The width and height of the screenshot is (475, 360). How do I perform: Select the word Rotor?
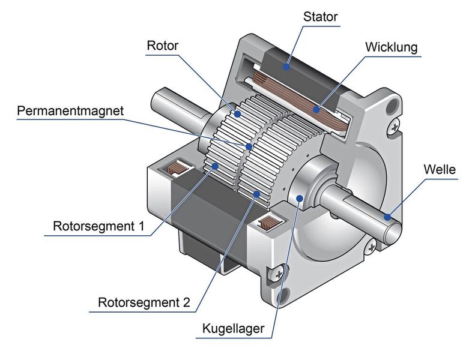click(162, 45)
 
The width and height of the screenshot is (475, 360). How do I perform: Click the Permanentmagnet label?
click(70, 111)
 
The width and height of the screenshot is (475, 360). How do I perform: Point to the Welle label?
click(439, 170)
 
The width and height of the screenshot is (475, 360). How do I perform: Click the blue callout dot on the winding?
click(316, 109)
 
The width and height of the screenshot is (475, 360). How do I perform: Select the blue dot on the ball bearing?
click(298, 199)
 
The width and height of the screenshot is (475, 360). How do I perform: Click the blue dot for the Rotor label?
click(237, 113)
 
